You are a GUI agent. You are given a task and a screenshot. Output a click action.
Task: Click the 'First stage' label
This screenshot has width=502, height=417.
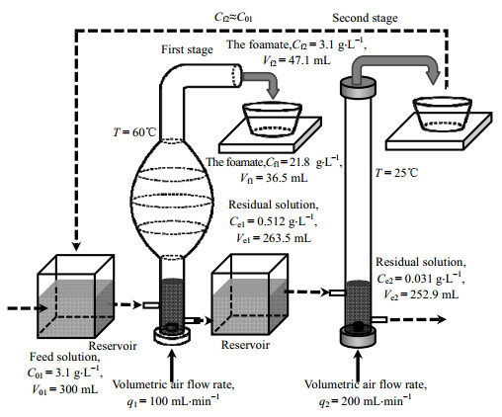(187, 49)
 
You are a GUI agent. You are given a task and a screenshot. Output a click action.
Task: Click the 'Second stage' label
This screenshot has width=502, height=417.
(365, 18)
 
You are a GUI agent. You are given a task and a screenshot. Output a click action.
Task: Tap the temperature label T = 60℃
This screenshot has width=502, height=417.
(134, 132)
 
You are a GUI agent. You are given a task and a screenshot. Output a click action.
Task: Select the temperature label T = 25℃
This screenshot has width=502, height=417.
(396, 173)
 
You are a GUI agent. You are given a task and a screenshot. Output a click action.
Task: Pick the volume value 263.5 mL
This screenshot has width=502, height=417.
(287, 238)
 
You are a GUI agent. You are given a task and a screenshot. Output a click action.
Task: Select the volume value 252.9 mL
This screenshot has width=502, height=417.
(434, 294)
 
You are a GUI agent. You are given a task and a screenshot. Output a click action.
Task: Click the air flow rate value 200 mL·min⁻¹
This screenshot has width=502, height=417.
(376, 401)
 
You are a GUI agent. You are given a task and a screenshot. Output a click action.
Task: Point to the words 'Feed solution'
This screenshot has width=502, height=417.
(64, 357)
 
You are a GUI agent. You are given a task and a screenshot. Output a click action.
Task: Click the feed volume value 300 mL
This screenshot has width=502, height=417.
(78, 389)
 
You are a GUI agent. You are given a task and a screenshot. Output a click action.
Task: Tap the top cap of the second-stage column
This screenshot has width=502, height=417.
(358, 88)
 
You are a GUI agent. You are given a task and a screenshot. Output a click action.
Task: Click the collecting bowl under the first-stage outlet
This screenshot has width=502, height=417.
(272, 120)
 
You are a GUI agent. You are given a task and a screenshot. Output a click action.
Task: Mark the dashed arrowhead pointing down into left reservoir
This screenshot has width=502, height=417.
(76, 246)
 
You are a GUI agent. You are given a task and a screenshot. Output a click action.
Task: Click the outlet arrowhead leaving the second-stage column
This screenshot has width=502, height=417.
(442, 319)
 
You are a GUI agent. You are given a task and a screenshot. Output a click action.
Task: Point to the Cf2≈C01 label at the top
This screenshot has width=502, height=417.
(233, 17)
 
